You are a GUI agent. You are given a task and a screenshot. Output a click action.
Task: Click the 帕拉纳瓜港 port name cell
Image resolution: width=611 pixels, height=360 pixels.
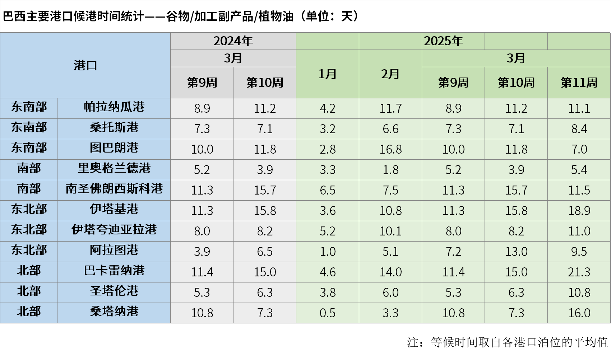point(114,107)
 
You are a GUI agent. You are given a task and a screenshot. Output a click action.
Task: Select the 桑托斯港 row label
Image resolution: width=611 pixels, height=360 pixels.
point(114,127)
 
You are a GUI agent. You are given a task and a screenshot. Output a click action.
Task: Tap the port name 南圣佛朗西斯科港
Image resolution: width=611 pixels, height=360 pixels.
point(114,189)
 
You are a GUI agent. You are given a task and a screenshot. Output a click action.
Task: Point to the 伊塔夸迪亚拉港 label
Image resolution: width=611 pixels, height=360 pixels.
point(114,230)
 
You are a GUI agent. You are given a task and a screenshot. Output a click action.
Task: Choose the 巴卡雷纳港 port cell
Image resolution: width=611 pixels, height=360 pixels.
point(114,271)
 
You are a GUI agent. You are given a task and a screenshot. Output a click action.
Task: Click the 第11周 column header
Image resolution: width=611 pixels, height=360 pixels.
point(579,83)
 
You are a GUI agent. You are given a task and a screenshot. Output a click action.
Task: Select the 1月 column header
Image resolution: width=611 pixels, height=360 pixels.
point(327,74)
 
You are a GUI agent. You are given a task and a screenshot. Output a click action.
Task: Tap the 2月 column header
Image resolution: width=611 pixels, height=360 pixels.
point(390,74)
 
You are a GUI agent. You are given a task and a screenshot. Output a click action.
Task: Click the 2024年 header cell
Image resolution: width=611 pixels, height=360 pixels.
point(233,41)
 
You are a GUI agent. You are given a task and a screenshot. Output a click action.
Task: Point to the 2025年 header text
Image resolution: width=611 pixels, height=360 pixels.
point(444,41)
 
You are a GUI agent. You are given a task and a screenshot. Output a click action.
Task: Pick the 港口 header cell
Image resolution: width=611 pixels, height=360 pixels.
point(85,65)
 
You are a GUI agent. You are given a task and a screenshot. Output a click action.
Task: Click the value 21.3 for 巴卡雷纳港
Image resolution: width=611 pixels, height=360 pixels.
point(579,272)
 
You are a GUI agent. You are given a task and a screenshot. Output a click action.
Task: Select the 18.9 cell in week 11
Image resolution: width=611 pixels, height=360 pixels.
point(579,211)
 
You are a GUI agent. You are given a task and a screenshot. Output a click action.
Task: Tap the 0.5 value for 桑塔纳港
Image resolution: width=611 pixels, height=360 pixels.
point(327,313)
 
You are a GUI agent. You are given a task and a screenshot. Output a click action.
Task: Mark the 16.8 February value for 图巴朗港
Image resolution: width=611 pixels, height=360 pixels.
point(390,149)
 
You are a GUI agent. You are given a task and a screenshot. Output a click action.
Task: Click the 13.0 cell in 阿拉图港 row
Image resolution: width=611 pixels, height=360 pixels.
point(516,252)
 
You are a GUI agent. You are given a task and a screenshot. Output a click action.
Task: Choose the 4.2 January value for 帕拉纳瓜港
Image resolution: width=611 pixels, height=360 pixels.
point(327,108)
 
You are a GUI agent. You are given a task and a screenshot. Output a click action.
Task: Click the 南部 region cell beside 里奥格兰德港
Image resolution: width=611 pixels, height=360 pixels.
point(29,168)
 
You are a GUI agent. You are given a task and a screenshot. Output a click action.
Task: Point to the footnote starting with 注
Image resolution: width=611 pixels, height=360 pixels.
point(507,342)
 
